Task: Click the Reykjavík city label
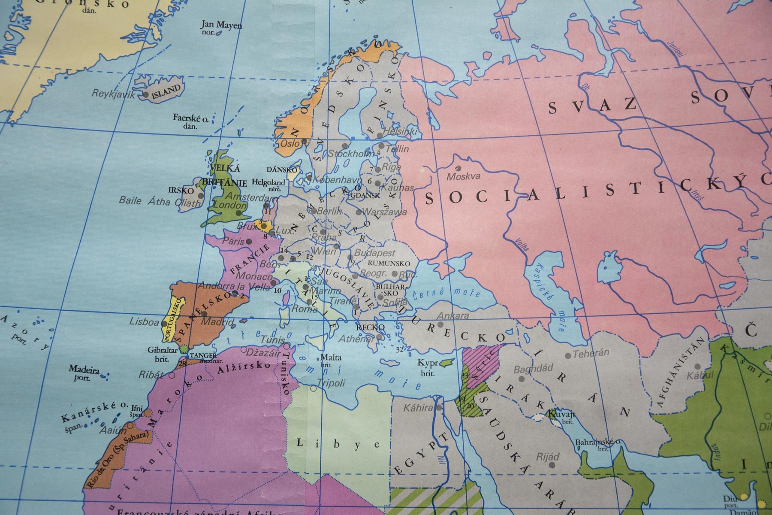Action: coord(113,94)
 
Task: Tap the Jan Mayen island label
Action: coord(221,25)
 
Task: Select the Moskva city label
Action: coord(463,176)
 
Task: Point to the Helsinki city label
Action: coord(400,131)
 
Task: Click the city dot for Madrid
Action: coord(205,314)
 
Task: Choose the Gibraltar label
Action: coord(163,350)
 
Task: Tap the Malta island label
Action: coord(331,357)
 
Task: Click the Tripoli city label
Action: coord(331,383)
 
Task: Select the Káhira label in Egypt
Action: coord(418,407)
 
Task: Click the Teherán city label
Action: coord(591,353)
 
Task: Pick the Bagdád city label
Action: coord(533,369)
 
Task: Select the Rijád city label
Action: coord(548,457)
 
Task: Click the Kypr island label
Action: coord(428,363)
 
